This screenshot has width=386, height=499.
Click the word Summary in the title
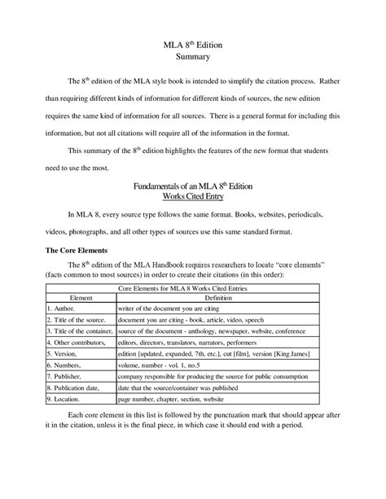193,57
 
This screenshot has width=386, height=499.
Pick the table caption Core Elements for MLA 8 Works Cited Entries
192,288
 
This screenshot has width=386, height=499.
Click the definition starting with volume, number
164,365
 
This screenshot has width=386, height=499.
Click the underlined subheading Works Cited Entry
192,196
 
